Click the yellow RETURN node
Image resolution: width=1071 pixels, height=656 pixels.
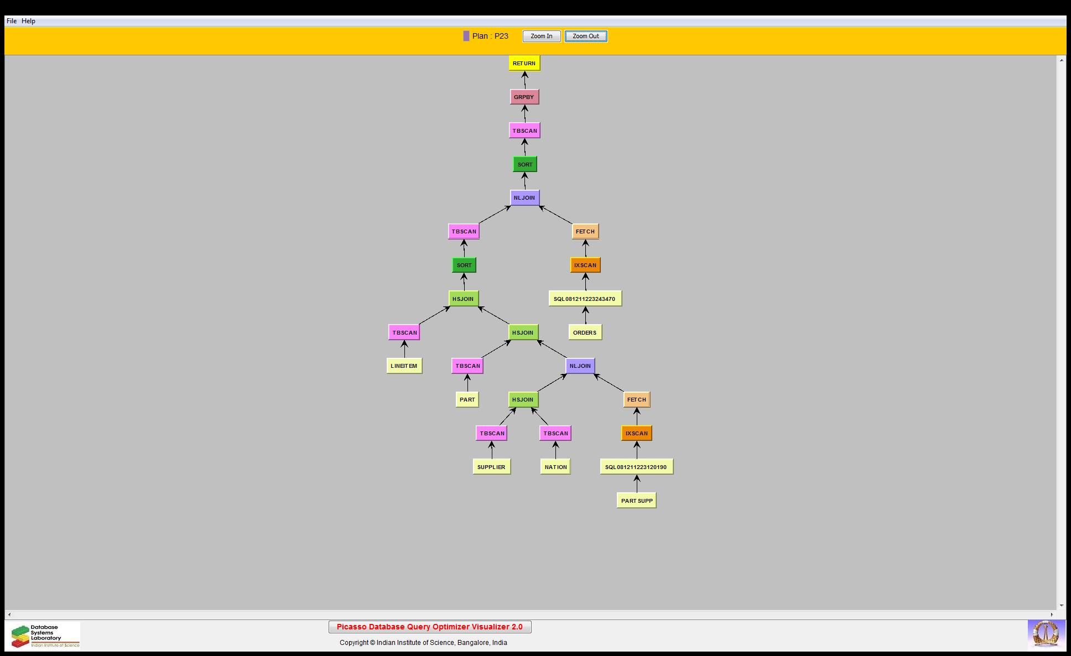point(524,63)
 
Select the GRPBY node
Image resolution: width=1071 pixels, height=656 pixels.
point(524,97)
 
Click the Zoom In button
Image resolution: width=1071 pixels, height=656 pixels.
point(542,37)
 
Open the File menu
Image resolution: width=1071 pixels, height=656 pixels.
point(12,21)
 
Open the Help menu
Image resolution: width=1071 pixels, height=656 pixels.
point(28,21)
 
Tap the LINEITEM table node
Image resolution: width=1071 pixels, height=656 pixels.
point(404,366)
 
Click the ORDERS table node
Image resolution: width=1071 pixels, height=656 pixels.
point(585,332)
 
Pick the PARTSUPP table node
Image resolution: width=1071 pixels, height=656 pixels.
point(637,501)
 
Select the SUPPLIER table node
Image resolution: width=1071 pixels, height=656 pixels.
point(491,467)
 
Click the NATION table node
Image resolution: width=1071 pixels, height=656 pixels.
point(555,467)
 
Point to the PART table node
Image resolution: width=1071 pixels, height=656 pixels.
point(467,399)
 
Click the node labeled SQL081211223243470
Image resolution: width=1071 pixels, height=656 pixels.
point(585,299)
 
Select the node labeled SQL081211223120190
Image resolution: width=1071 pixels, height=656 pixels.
point(636,467)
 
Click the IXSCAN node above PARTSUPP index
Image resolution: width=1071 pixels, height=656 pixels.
point(636,433)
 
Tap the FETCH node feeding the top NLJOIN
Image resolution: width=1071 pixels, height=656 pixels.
point(585,231)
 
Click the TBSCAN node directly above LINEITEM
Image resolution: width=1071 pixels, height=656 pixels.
point(404,332)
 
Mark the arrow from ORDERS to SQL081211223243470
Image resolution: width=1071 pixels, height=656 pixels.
point(585,315)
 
